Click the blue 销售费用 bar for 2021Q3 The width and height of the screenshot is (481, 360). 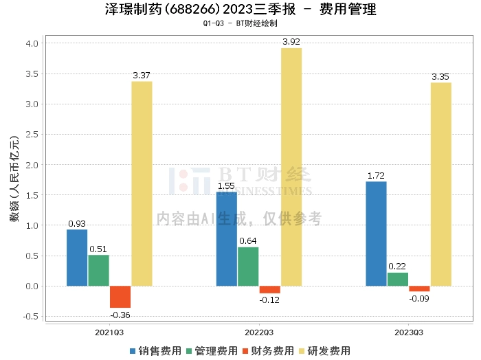click(x=77, y=258)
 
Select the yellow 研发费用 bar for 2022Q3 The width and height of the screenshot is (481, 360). click(x=291, y=167)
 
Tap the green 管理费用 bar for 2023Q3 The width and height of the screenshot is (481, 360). click(x=398, y=280)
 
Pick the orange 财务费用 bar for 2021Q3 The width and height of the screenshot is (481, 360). click(x=120, y=297)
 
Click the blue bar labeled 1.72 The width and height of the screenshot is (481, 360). click(x=376, y=234)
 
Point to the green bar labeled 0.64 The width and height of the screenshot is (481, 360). click(x=248, y=267)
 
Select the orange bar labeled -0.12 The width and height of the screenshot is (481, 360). click(x=270, y=290)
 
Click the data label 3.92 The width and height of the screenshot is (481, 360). click(x=291, y=42)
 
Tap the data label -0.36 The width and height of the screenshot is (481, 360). click(x=120, y=315)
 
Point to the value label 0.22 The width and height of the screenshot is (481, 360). click(x=397, y=266)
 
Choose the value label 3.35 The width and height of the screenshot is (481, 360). click(x=440, y=77)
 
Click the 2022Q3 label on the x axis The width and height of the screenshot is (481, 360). click(x=259, y=333)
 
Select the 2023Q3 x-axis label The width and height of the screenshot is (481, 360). click(x=409, y=333)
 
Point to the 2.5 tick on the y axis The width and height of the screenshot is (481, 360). click(x=32, y=134)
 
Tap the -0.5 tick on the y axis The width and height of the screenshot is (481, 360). click(x=31, y=317)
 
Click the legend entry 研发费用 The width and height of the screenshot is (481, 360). click(x=324, y=351)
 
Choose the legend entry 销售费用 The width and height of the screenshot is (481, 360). click(x=155, y=351)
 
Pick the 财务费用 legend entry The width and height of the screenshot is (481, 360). click(x=268, y=351)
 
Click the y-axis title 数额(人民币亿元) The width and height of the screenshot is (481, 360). click(x=14, y=179)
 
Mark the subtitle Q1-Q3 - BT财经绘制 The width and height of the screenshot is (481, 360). click(x=240, y=23)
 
